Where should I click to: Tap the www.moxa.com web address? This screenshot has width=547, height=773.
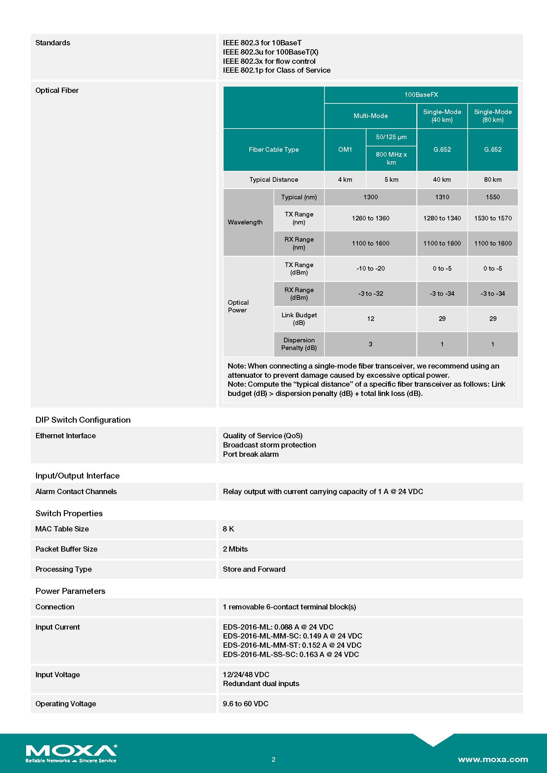[x=493, y=759]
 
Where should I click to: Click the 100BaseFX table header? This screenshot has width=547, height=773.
[x=421, y=95]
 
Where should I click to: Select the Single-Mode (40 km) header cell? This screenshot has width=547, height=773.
[x=442, y=115]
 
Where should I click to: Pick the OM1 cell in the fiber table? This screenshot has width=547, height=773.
[x=345, y=149]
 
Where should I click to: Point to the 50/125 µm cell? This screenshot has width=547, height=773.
[x=391, y=137]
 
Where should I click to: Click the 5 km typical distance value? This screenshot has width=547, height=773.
[x=391, y=179]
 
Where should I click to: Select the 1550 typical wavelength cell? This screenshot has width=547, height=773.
[x=492, y=197]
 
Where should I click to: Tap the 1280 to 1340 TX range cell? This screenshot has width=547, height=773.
[x=442, y=218]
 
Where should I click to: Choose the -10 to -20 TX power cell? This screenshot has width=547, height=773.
[x=370, y=268]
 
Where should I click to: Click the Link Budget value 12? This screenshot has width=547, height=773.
[x=370, y=319]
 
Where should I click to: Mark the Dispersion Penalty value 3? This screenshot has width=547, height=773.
[x=370, y=344]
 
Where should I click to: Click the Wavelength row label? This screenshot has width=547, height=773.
[x=245, y=222]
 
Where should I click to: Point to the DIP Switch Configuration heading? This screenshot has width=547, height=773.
[x=83, y=420]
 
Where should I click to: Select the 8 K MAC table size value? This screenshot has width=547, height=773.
[x=229, y=529]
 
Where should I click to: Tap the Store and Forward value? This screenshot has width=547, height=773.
[x=254, y=569]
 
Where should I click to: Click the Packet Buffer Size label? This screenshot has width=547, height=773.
[x=66, y=549]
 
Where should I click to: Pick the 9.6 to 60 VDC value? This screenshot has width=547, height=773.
[x=245, y=704]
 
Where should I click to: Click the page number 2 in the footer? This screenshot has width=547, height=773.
[x=273, y=759]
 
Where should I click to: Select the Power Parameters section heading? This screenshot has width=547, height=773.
[x=70, y=591]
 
